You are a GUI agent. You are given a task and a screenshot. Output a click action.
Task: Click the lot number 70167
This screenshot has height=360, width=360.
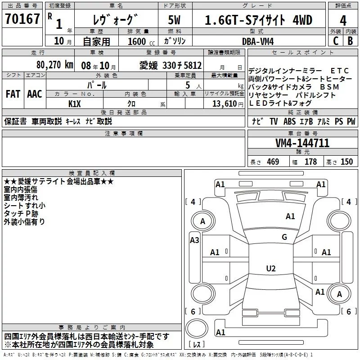(x=22, y=19)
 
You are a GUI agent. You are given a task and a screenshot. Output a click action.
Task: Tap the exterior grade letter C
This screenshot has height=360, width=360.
(x=335, y=40)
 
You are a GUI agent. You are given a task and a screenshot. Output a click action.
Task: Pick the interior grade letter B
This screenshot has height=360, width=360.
(x=351, y=40)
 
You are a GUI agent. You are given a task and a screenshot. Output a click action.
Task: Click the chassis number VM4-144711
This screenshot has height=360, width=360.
(x=302, y=144)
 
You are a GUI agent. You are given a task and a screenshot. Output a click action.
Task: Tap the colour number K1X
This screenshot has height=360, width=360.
(x=74, y=103)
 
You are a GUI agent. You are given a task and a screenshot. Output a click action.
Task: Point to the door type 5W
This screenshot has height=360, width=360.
(x=175, y=20)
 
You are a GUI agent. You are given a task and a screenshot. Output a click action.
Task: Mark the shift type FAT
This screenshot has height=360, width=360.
(x=13, y=94)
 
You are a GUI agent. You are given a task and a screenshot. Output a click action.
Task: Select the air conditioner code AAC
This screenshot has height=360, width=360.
(x=34, y=94)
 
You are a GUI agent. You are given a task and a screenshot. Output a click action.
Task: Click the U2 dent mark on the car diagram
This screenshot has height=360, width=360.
(x=270, y=268)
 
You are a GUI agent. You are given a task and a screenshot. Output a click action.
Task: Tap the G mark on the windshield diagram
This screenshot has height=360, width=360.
(x=284, y=237)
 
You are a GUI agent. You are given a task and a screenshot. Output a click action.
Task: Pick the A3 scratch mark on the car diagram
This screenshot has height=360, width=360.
(x=194, y=240)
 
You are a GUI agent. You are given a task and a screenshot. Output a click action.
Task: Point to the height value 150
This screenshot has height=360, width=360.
(x=346, y=162)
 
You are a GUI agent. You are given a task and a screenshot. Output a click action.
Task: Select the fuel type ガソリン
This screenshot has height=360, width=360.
(x=175, y=41)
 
